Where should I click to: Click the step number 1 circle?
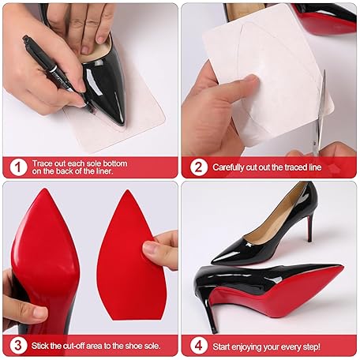point(18,167)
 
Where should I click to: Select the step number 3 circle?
point(18,346)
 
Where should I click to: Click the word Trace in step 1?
point(42,163)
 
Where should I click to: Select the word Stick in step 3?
point(39,346)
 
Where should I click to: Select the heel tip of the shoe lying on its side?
point(215,329)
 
